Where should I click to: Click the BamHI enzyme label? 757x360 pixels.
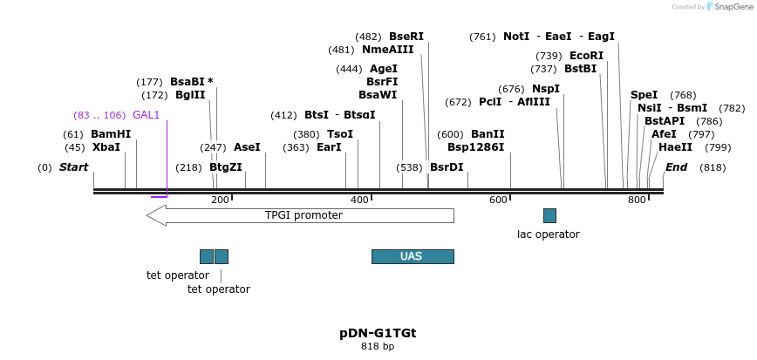pos(111,134)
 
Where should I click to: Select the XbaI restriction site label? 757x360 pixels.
pos(106,147)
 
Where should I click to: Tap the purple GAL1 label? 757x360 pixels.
pos(147,115)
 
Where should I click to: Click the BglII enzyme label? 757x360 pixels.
pos(190,95)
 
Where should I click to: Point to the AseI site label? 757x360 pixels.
pos(247,147)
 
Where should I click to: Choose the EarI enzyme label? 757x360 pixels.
pos(329,147)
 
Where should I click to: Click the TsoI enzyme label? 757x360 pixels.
pos(340,134)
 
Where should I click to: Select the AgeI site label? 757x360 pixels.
pos(384,69)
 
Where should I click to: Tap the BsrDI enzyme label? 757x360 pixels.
pos(447,167)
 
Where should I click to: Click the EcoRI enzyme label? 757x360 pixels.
pos(586,56)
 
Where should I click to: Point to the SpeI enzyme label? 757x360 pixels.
pos(644,95)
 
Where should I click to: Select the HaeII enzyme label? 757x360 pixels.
pos(675,147)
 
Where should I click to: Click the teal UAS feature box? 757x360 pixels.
pos(413,256)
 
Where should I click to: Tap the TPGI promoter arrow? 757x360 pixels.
pos(301,215)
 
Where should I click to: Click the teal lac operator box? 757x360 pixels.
pos(549,215)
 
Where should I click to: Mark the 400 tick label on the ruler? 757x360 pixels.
pos(359,200)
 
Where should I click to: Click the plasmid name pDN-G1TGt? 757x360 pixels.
pos(378,333)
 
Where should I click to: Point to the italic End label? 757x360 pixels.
pos(676,167)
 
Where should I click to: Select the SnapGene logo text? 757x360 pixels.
pos(733,7)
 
